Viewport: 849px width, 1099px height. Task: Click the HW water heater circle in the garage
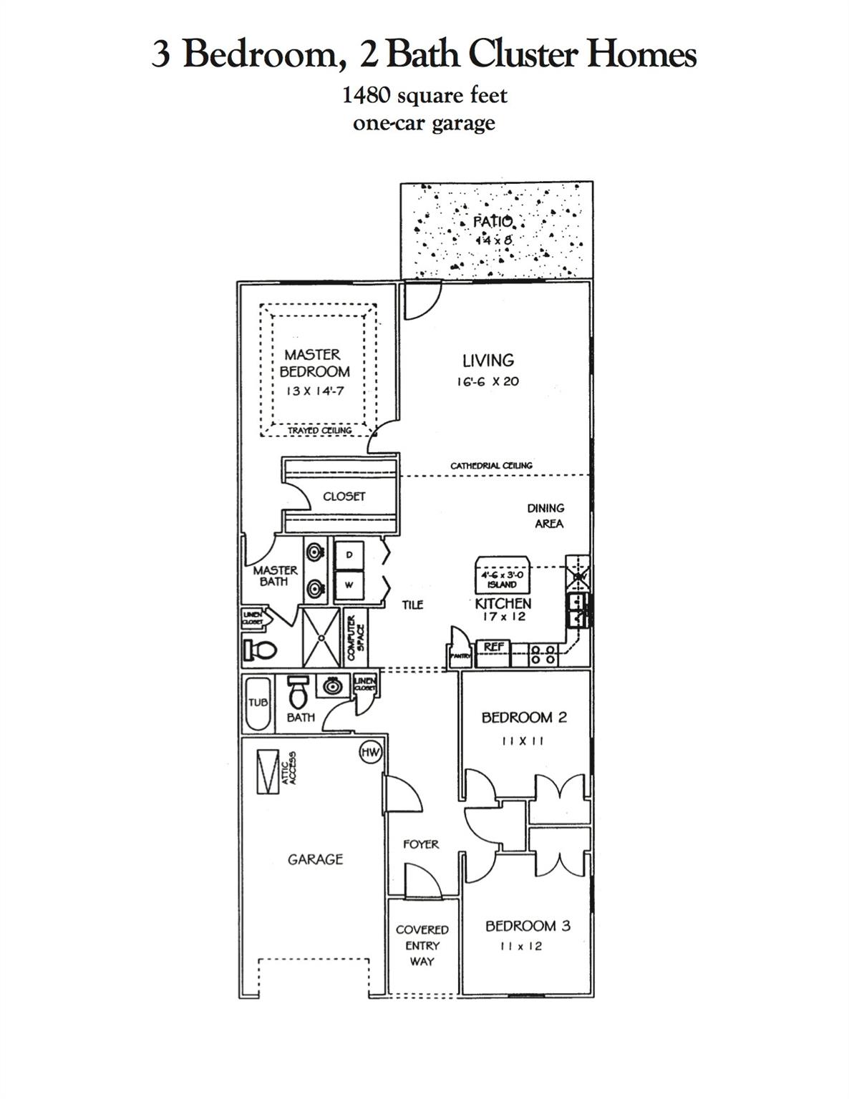coord(370,752)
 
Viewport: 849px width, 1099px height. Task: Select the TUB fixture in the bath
coord(258,703)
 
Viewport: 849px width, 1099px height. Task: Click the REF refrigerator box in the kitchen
coord(494,647)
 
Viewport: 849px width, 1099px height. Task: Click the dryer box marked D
coord(349,555)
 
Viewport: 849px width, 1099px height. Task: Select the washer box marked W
coord(349,585)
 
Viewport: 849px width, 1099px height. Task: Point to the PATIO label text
coord(493,221)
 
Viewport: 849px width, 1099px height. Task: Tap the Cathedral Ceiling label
coord(491,466)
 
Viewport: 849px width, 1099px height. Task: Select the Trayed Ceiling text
coord(319,431)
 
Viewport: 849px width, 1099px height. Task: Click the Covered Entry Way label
coord(422,945)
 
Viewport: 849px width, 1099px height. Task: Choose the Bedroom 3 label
coord(528,926)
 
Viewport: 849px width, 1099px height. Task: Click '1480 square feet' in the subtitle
coord(424,94)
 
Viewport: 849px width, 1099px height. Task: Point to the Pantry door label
coord(458,655)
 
